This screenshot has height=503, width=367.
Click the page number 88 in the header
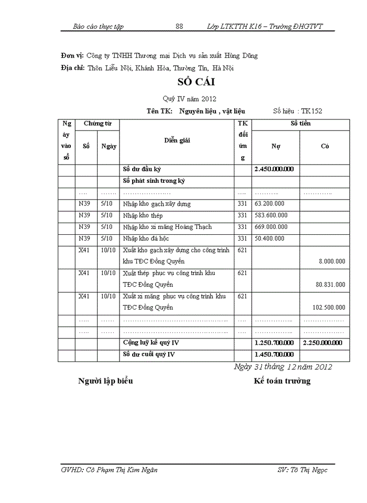[x=179, y=26]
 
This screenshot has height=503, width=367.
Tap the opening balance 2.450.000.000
[x=274, y=169]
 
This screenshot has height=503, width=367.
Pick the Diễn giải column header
[x=177, y=140]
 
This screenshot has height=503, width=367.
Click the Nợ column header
[x=275, y=147]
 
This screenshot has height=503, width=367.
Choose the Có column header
[x=325, y=147]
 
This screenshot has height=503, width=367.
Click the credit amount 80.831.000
[x=330, y=285]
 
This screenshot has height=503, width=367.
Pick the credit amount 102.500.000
[x=328, y=308]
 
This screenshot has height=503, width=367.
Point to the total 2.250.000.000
[x=323, y=343]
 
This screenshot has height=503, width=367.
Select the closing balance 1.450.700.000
[x=274, y=355]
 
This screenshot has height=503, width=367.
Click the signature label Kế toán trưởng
[x=282, y=381]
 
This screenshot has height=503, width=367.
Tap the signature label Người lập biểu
[x=105, y=381]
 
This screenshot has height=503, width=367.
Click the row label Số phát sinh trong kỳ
[x=154, y=181]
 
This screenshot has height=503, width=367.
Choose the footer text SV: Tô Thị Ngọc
[x=303, y=470]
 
